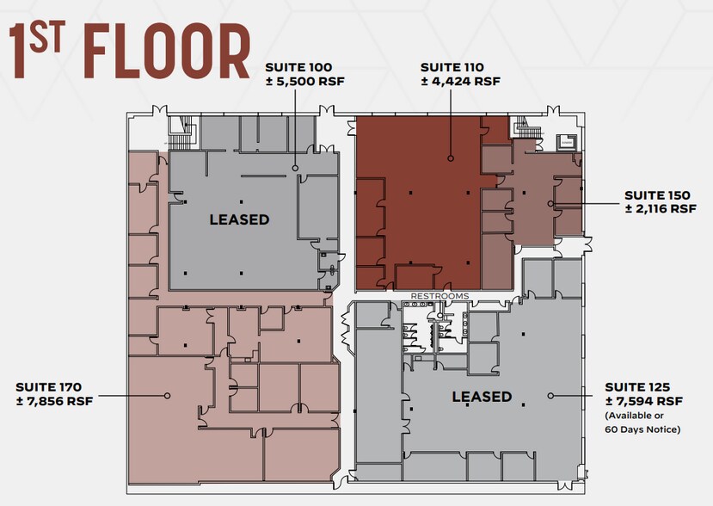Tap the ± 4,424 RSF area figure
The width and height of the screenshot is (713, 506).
click(460, 82)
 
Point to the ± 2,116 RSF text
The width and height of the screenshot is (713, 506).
click(661, 209)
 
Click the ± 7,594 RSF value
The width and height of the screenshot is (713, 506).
click(644, 401)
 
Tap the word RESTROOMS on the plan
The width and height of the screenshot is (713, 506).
click(439, 296)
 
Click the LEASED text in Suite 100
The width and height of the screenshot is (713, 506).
click(239, 219)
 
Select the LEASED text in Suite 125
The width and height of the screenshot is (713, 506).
click(482, 397)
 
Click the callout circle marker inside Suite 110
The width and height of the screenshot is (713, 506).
click(449, 157)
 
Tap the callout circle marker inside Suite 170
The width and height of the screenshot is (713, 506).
click(168, 395)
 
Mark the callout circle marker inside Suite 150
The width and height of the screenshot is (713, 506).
click(550, 203)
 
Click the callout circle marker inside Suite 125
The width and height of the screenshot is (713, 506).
click(551, 396)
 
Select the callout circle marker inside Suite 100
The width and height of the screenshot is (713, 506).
click(294, 168)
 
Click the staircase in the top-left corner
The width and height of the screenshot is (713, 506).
click(180, 131)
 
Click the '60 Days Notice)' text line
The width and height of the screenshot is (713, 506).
click(643, 429)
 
